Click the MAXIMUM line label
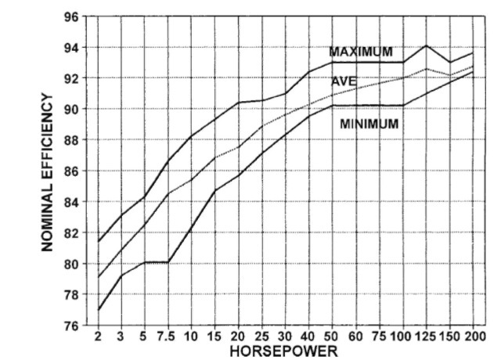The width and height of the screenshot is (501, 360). tap(360, 52)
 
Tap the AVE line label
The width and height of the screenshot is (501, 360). tap(344, 81)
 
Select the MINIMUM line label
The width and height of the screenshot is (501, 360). tap(369, 124)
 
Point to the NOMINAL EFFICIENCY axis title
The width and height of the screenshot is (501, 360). tap(49, 172)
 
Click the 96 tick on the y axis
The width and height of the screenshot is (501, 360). tap(70, 16)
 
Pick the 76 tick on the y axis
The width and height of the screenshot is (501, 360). tap(70, 326)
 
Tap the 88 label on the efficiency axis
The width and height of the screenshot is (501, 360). tap(70, 140)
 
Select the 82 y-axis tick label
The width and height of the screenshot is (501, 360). tap(70, 233)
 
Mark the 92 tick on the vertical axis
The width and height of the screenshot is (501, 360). tap(70, 78)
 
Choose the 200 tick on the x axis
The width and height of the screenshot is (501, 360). tap(474, 337)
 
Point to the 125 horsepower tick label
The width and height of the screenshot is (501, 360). tap(426, 337)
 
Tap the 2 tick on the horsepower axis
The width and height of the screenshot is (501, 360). tap(98, 337)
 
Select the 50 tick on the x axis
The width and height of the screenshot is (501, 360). tap(333, 337)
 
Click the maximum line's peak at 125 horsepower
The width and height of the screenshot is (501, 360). tap(426, 45)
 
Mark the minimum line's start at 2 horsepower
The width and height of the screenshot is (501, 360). tap(98, 310)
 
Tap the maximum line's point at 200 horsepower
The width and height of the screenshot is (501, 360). tap(474, 52)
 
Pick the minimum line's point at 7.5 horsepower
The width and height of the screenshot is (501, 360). tap(168, 261)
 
